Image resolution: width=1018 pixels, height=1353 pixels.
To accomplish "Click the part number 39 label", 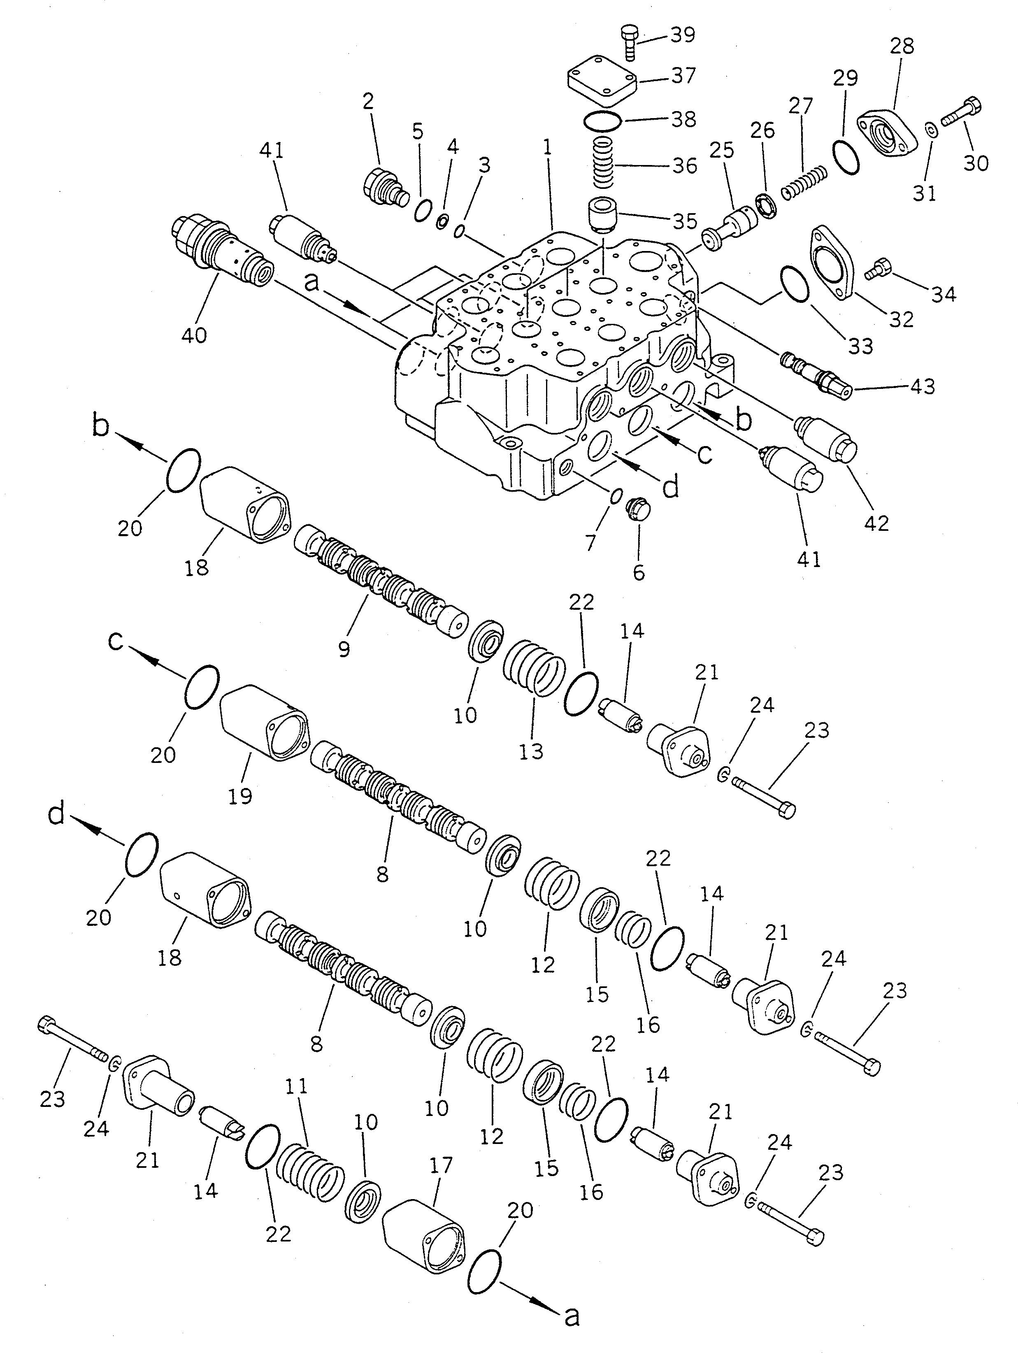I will click(683, 35).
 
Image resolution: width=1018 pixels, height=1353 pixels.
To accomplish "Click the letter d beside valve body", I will click(671, 489).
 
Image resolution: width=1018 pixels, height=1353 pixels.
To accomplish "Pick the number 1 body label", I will click(547, 147).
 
